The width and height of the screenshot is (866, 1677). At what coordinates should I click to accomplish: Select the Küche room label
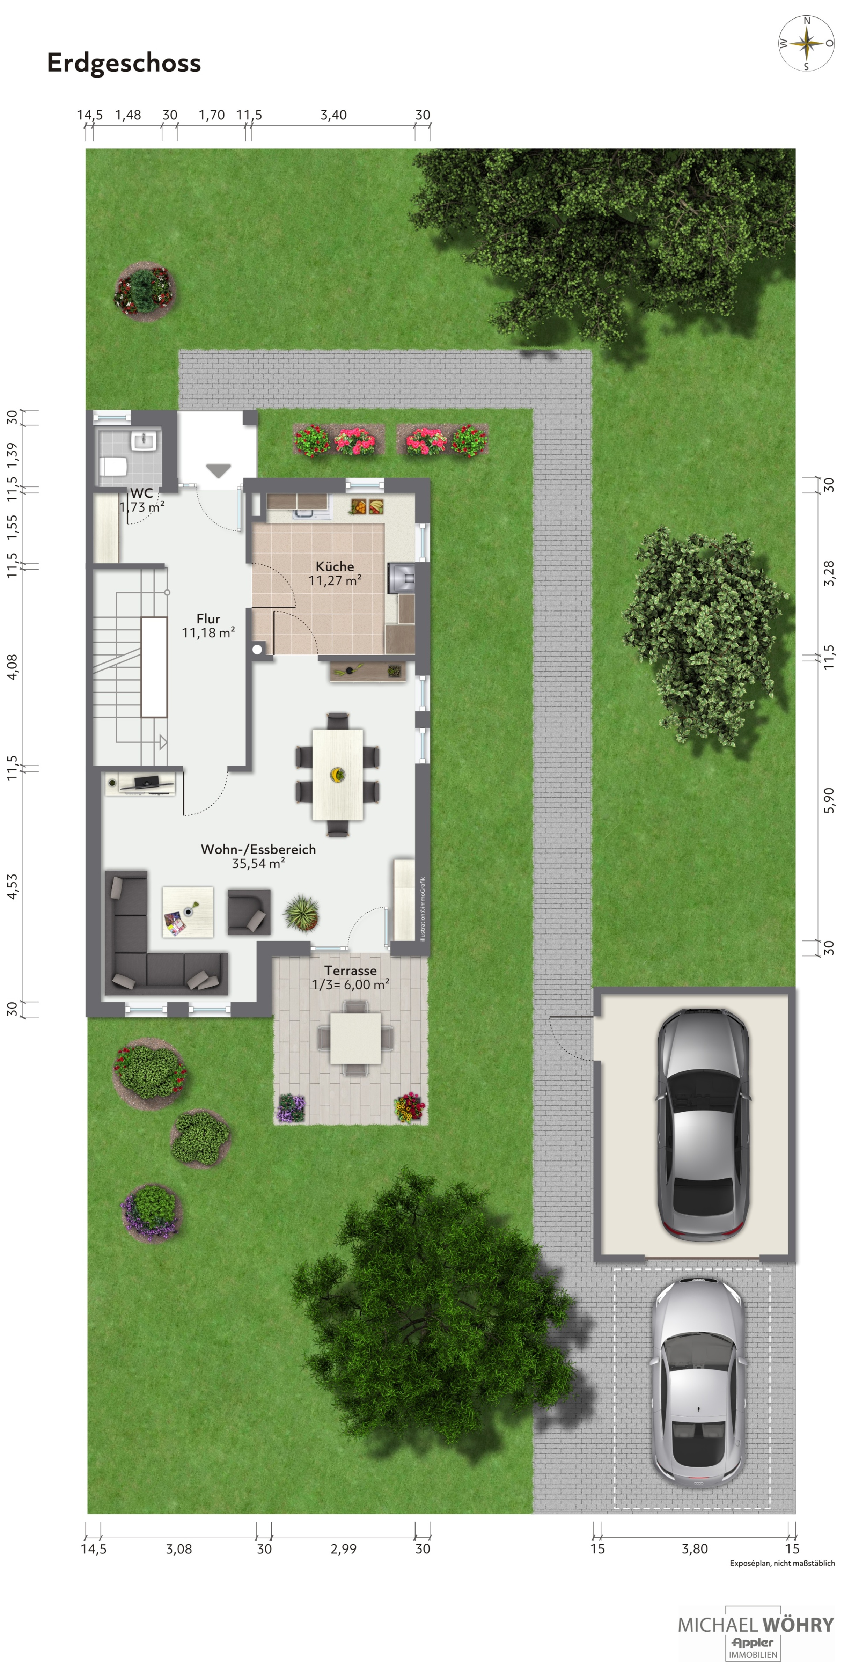coord(335,566)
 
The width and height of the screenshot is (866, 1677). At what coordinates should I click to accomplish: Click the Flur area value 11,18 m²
coord(208,633)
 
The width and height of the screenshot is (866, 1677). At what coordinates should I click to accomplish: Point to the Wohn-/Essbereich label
coord(258,849)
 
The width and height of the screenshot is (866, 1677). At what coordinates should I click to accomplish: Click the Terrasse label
coord(350,970)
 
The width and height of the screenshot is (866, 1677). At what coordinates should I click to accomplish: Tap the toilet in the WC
coord(113,466)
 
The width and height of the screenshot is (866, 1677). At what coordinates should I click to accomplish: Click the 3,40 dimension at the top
coord(333,115)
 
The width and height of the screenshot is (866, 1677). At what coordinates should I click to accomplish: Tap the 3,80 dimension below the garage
coord(695,1549)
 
